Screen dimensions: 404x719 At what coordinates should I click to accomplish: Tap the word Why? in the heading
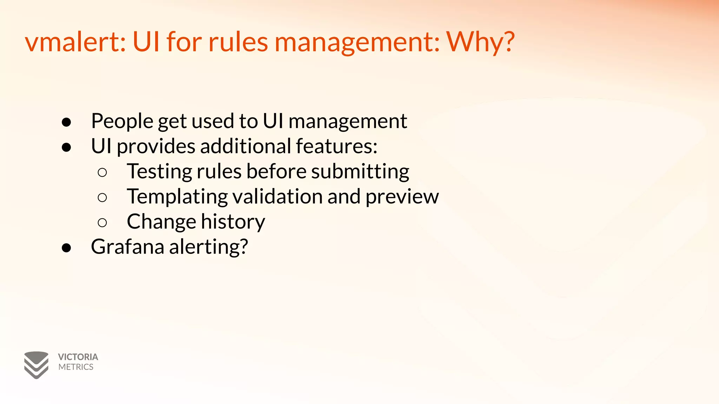480,42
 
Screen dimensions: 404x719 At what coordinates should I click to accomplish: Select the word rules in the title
238,42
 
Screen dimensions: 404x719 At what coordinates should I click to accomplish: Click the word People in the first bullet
122,121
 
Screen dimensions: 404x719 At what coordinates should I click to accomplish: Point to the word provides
156,147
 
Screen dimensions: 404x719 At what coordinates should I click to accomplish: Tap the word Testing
159,172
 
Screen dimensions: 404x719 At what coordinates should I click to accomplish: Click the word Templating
177,197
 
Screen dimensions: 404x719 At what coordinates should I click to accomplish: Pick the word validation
278,196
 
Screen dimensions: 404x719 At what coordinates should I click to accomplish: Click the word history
233,222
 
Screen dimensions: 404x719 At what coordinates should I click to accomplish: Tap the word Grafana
127,247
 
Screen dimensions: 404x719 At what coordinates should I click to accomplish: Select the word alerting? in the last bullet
209,247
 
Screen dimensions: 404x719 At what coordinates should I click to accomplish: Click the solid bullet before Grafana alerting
66,248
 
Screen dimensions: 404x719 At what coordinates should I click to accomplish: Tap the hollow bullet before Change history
102,223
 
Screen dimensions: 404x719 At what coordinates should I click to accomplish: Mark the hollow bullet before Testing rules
102,172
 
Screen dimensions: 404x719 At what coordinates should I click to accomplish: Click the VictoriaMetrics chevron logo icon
36,365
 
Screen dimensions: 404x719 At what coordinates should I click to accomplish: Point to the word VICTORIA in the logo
78,357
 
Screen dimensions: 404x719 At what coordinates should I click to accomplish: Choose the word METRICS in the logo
76,367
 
